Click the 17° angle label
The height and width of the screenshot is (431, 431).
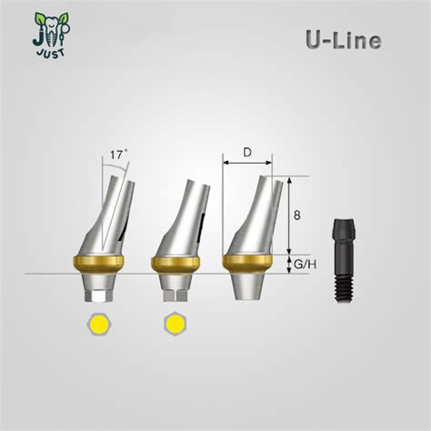[x=117, y=155]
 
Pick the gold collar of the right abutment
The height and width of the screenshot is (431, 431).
[x=249, y=264]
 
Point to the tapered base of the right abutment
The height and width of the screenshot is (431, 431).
[x=249, y=286]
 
